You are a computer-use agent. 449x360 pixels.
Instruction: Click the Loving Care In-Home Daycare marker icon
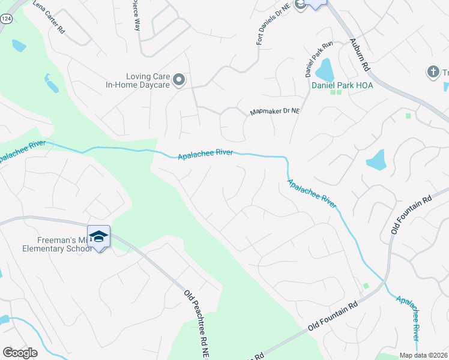(178, 80)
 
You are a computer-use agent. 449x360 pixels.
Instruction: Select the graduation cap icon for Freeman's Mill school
(99, 237)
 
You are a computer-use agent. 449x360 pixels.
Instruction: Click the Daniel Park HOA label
(342, 85)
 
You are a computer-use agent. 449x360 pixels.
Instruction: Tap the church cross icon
(432, 73)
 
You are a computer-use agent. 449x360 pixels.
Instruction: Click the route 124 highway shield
(6, 19)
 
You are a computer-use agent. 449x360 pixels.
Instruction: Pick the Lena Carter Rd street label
(49, 16)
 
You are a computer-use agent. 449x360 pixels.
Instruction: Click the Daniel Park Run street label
(310, 59)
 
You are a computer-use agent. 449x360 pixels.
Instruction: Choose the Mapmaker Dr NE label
(275, 112)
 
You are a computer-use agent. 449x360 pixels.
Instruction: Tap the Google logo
(20, 353)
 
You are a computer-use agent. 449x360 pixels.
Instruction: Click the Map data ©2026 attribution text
(424, 355)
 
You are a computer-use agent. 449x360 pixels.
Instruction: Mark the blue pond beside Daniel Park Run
(325, 70)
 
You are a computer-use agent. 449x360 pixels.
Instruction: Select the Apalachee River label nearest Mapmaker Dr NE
(205, 154)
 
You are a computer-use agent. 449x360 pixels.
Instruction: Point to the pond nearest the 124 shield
(19, 45)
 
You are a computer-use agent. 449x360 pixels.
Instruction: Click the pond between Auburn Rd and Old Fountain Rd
(376, 160)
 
